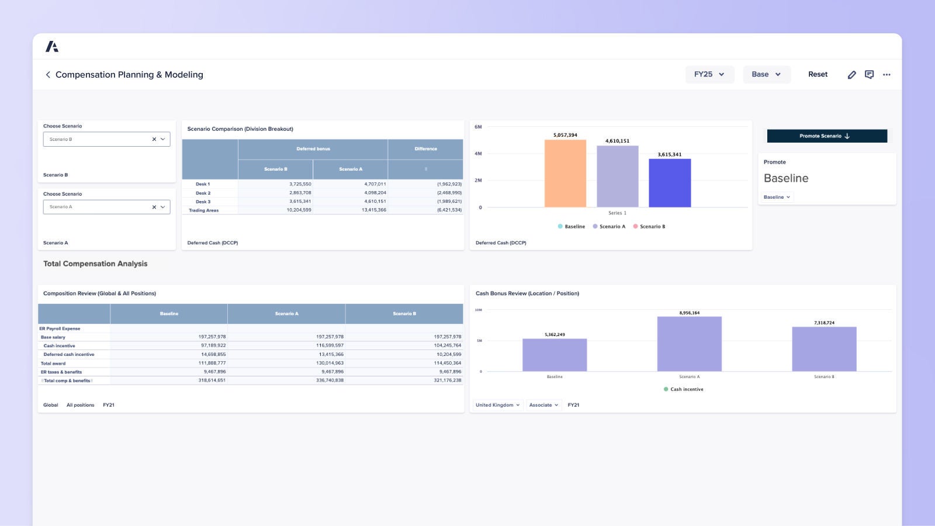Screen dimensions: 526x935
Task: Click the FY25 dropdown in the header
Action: pos(709,74)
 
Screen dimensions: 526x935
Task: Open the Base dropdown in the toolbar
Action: pos(766,74)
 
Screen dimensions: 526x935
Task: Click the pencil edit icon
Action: pos(851,75)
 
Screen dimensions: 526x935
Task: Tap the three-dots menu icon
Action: pos(886,75)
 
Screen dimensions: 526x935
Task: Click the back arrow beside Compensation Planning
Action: pos(48,75)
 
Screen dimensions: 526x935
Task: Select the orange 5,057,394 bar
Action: pos(565,173)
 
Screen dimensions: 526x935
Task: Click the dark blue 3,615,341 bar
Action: pos(670,182)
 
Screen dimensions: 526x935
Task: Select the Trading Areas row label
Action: pos(203,210)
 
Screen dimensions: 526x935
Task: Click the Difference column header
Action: pos(425,149)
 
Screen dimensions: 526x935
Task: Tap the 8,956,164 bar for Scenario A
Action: pos(689,344)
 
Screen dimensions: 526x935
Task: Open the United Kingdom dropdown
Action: pos(497,405)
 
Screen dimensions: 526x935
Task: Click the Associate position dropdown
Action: pos(543,405)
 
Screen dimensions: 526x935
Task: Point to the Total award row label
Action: pos(53,364)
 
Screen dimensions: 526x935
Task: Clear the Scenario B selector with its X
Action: pos(154,140)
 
